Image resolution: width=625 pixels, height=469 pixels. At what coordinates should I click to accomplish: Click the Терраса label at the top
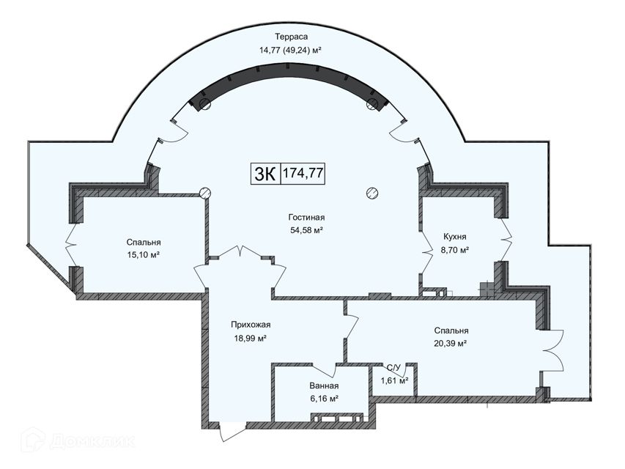point(292,37)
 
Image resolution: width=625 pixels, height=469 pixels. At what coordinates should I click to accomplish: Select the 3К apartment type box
point(266,174)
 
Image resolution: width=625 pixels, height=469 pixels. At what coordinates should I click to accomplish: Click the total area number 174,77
point(303,174)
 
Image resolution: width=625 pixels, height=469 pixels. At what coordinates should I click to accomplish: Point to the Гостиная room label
point(306,218)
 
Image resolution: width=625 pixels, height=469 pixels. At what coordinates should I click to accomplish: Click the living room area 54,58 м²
point(306,230)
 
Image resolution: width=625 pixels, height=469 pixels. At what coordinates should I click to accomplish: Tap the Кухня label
point(455,237)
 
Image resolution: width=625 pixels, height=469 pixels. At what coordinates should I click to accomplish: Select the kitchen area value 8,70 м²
point(455,250)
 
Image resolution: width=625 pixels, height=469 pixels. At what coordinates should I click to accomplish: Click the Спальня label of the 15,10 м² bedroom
point(144,243)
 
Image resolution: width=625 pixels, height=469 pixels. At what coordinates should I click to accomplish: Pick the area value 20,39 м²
point(451,344)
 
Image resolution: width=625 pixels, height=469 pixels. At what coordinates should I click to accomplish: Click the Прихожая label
point(251,325)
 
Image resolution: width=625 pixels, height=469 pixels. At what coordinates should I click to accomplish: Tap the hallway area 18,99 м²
point(251,339)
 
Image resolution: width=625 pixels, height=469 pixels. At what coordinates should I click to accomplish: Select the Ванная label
point(324,386)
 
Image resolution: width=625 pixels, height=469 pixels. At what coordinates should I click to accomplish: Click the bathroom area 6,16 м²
point(324,399)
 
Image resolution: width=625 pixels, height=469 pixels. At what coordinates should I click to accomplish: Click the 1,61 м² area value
point(395,381)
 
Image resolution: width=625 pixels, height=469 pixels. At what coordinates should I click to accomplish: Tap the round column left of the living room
point(205,193)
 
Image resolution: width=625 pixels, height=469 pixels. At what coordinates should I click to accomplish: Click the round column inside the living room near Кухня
point(372,193)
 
